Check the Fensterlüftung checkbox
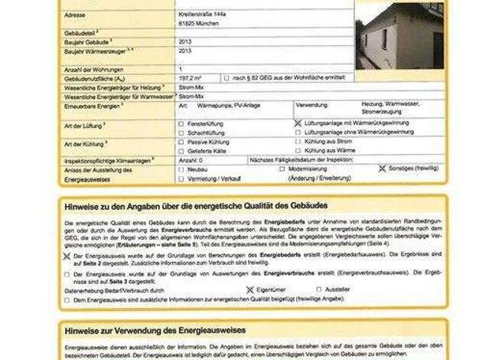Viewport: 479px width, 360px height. (181, 123)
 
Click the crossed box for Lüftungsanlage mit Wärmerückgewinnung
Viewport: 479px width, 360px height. (298, 123)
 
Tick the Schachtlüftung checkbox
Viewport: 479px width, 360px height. (181, 133)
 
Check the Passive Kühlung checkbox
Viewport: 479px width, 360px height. (181, 142)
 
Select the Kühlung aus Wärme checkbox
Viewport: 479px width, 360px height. (298, 152)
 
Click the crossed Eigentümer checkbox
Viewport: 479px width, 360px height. (249, 290)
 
